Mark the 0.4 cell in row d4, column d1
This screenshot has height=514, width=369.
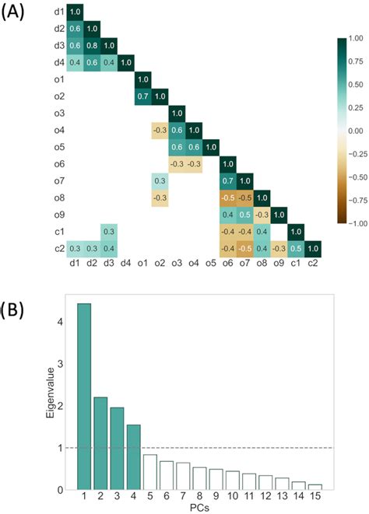75,62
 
